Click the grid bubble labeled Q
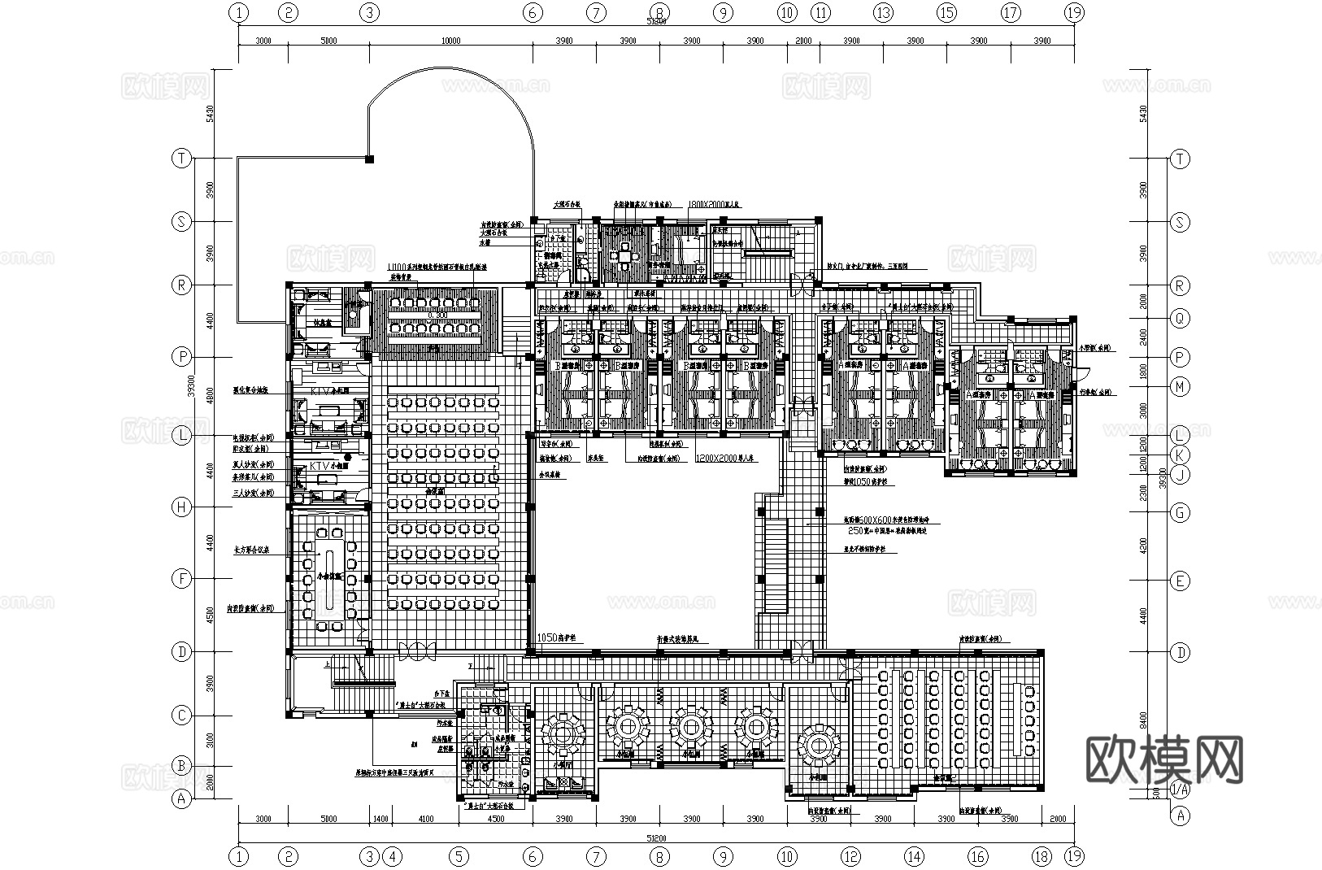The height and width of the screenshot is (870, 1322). tap(1179, 318)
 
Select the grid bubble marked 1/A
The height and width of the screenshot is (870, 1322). tap(1179, 789)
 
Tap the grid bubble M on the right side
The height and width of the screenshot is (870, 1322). tap(1179, 387)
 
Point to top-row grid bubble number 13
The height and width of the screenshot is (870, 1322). tap(883, 12)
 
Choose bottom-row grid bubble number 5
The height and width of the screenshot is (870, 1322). tap(459, 855)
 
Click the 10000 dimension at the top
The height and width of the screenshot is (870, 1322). tap(451, 41)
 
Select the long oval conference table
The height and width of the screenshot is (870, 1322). tap(332, 581)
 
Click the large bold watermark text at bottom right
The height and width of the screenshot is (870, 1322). tap(1164, 760)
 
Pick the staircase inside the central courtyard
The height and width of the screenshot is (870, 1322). tap(775, 567)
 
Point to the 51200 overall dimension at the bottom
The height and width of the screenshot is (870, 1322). tap(657, 837)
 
